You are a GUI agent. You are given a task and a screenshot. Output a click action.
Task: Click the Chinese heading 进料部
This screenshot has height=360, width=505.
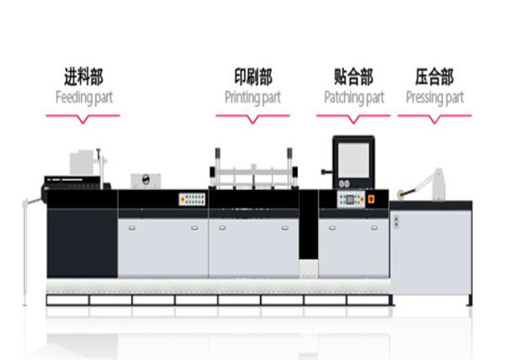tap(83, 77)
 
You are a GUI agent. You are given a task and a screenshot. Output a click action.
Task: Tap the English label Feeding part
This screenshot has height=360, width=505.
tap(84, 98)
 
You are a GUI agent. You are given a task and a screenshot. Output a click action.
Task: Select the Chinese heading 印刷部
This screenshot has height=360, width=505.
tap(253, 77)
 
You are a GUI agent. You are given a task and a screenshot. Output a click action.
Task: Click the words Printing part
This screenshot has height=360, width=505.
tap(252, 98)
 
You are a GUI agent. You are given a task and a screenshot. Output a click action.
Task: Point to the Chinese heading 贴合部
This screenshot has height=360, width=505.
tap(353, 77)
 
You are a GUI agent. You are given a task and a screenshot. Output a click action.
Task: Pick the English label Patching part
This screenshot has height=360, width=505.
tap(354, 98)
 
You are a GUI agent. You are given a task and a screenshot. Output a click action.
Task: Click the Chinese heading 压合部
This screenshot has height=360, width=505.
tap(434, 77)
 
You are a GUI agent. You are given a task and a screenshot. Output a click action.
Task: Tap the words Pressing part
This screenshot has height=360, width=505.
tap(435, 98)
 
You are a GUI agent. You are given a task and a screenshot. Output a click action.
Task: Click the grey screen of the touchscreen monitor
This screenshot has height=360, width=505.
tap(353, 160)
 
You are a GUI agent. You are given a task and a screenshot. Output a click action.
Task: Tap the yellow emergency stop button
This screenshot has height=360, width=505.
tap(371, 199)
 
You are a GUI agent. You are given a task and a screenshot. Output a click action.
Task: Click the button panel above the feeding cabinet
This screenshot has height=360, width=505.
tap(192, 199)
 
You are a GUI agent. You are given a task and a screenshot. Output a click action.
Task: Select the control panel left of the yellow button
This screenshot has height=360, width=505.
tap(351, 199)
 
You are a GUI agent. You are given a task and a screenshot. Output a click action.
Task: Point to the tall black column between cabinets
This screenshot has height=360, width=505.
tap(309, 225)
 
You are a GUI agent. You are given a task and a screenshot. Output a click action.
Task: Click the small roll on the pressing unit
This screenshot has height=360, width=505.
tap(401, 193)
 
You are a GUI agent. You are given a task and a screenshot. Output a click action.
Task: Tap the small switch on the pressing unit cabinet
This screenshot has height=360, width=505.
tap(396, 222)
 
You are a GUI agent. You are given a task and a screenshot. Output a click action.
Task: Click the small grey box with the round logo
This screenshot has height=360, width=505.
tap(146, 181)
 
